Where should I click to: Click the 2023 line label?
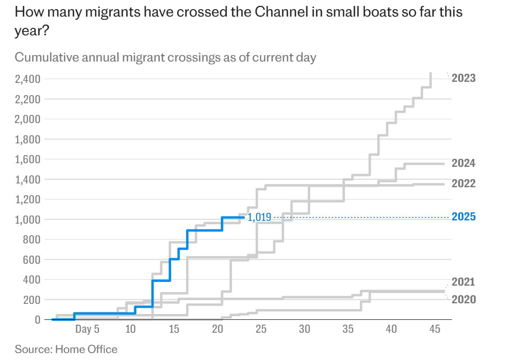[463, 78]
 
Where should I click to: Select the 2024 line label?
[463, 163]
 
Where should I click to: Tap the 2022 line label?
[463, 183]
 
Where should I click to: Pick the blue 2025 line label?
[463, 217]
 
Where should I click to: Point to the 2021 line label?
[463, 282]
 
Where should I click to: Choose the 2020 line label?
[463, 300]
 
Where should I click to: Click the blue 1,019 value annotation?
[259, 217]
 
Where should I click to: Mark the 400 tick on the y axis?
[30, 280]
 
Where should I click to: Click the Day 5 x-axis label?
[87, 329]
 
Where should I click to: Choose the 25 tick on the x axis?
[261, 329]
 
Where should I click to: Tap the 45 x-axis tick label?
[435, 329]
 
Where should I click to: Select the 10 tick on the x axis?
[130, 329]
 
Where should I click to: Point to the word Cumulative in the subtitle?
[47, 57]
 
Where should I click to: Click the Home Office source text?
[86, 349]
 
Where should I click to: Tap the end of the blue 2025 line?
[244, 217]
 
